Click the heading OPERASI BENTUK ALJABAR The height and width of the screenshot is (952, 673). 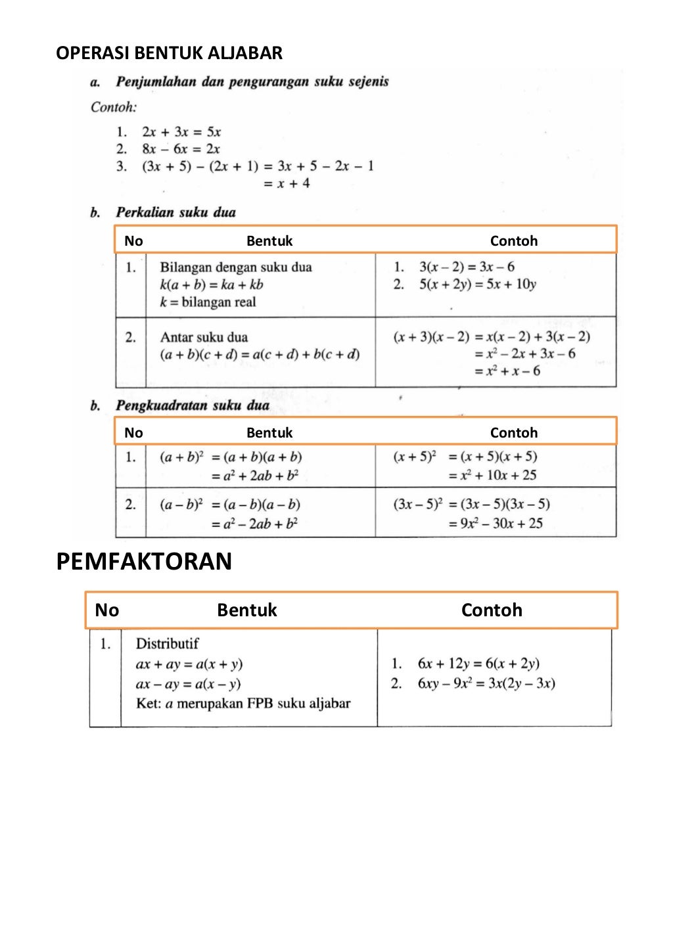click(x=169, y=53)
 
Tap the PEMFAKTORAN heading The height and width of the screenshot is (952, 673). click(x=144, y=562)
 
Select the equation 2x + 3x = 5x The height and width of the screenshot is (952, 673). click(x=181, y=132)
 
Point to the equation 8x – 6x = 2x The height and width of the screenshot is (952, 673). click(x=181, y=149)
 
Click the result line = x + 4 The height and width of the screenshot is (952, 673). click(x=287, y=184)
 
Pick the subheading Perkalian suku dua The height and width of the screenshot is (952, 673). click(x=175, y=212)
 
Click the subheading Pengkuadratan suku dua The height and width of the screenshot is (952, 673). click(x=193, y=405)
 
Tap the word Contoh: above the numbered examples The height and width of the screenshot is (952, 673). click(x=114, y=107)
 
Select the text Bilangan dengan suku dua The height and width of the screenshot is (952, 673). click(x=236, y=267)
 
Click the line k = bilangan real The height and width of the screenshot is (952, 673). click(x=208, y=302)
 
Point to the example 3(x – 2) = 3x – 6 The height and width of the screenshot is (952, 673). click(x=467, y=267)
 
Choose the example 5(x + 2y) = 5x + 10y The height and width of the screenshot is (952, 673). click(x=478, y=284)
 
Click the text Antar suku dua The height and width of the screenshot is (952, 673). click(x=204, y=338)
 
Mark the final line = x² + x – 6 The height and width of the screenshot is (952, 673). click(x=507, y=371)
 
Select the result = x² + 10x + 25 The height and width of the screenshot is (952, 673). click(x=492, y=475)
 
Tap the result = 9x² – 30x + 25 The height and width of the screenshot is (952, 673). click(x=496, y=524)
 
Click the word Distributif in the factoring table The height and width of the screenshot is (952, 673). click(x=167, y=644)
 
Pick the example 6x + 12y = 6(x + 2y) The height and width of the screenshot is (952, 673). click(x=478, y=664)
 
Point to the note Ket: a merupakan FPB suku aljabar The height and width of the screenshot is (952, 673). click(x=243, y=704)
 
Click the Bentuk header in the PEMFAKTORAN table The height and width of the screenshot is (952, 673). click(x=247, y=610)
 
